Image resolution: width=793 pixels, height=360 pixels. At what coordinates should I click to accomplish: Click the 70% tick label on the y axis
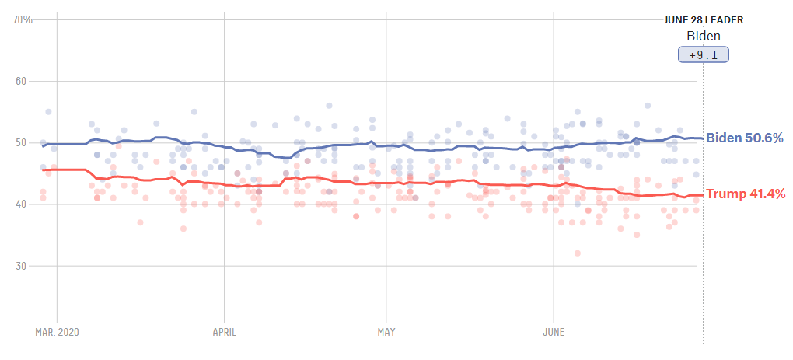23,19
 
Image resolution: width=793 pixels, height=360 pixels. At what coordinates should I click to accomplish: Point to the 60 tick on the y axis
21,81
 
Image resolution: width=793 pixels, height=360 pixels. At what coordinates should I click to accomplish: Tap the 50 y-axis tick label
21,142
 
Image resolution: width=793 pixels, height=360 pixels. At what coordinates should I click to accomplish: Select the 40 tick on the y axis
21,204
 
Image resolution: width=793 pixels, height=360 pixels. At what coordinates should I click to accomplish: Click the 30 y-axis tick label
21,266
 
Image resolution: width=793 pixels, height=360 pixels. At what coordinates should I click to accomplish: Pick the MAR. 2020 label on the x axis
58,333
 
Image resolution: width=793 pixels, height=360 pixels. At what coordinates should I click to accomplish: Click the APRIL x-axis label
224,333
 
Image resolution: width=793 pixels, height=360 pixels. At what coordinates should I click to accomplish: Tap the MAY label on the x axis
386,333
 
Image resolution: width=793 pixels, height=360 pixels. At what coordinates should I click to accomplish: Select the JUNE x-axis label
553,333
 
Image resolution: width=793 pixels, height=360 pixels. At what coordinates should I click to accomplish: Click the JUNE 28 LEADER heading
704,20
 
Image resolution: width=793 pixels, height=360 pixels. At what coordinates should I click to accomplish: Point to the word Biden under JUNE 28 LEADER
704,37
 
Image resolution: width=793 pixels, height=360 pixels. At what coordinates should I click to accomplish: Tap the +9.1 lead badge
704,54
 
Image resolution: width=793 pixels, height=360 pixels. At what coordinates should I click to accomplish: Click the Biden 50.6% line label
744,138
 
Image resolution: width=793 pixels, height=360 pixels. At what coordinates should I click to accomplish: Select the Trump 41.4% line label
744,194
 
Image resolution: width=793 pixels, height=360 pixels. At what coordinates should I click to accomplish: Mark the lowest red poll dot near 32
577,253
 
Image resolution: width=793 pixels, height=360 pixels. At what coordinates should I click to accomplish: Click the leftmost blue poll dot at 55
48,112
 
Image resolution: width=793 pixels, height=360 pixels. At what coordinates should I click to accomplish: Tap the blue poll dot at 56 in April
329,105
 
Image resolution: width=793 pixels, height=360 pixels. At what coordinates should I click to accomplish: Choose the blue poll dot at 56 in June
647,106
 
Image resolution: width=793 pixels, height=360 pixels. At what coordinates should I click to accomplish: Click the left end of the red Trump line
44,170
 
